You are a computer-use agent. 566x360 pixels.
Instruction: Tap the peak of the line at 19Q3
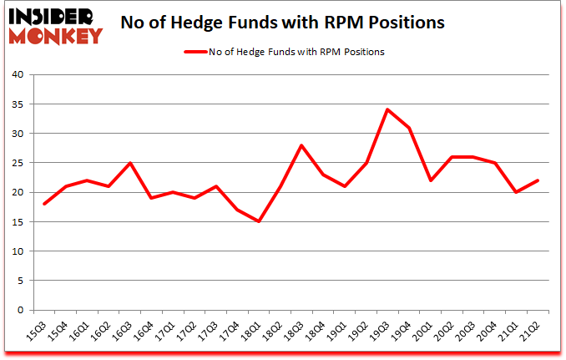click(x=387, y=109)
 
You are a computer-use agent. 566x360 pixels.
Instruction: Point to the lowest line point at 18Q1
click(x=259, y=221)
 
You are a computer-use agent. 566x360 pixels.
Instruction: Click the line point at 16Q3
click(x=130, y=163)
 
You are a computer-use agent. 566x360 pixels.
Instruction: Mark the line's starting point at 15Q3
click(x=43, y=204)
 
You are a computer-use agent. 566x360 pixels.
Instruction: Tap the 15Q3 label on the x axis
click(x=37, y=332)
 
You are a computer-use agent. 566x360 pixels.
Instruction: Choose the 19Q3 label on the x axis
click(x=379, y=332)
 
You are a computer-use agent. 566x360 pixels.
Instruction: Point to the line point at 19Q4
click(x=409, y=128)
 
